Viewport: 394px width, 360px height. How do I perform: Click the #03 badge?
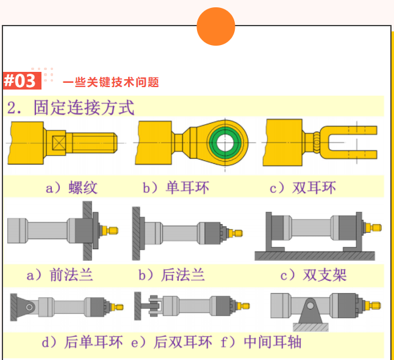22,80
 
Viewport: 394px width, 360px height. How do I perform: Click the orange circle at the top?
216,26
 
